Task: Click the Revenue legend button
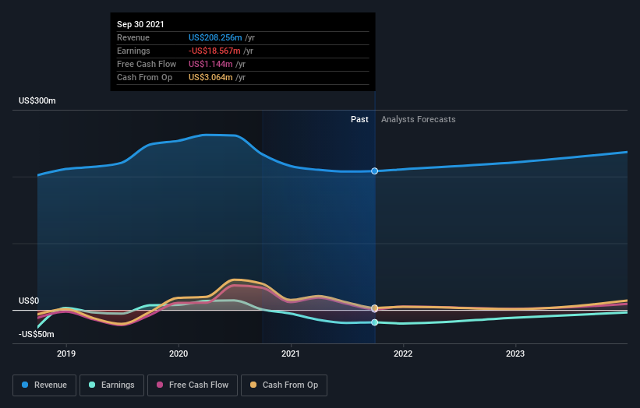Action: click(x=45, y=385)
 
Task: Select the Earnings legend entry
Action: click(x=111, y=385)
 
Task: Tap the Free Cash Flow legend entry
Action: click(x=193, y=385)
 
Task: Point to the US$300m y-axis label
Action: click(x=37, y=101)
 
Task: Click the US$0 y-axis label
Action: click(x=29, y=301)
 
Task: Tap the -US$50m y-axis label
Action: click(x=37, y=334)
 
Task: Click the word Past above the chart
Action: click(x=359, y=119)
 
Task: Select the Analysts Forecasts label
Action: click(x=418, y=119)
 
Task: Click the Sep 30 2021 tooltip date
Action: click(x=141, y=24)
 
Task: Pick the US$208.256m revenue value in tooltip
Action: click(x=215, y=37)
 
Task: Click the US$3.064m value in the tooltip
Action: click(x=210, y=77)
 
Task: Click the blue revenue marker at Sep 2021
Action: click(x=375, y=171)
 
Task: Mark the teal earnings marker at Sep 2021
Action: click(x=375, y=322)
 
